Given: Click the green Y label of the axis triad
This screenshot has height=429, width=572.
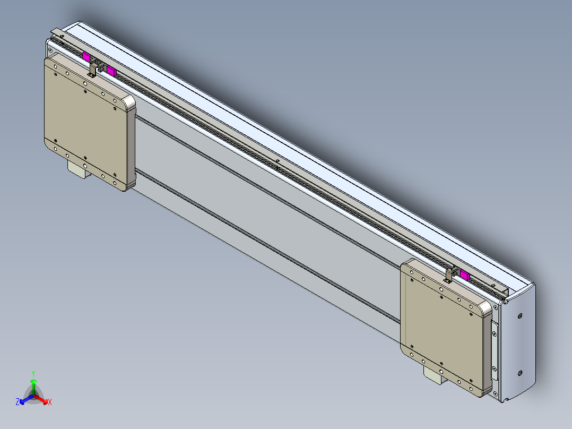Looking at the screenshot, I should [33, 373].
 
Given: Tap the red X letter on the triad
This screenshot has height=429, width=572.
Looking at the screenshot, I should [49, 402].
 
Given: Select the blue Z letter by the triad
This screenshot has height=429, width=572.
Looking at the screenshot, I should [18, 402].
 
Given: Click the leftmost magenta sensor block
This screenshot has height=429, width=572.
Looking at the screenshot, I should [86, 56].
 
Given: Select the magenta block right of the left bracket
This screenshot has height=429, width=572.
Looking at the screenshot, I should [111, 70].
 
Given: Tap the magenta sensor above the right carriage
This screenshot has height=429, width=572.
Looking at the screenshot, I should [465, 274].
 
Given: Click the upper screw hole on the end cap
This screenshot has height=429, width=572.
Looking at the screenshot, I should [519, 316].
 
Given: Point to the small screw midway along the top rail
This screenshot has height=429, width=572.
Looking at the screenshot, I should [277, 160].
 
